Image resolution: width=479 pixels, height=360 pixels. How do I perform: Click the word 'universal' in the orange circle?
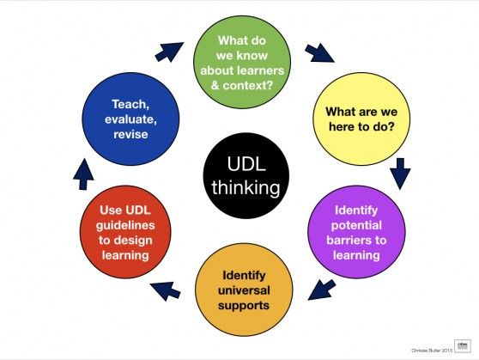click(x=241, y=290)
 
